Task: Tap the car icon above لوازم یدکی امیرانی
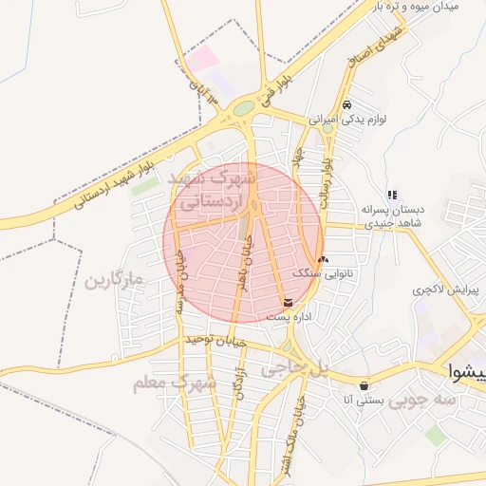[x=347, y=104]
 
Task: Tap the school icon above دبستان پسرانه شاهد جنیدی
[x=392, y=195]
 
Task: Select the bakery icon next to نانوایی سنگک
[x=323, y=258]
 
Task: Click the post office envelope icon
[x=289, y=304]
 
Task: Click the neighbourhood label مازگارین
[x=112, y=281]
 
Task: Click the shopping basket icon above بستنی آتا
[x=364, y=385]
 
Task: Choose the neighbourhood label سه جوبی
[x=456, y=402]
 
